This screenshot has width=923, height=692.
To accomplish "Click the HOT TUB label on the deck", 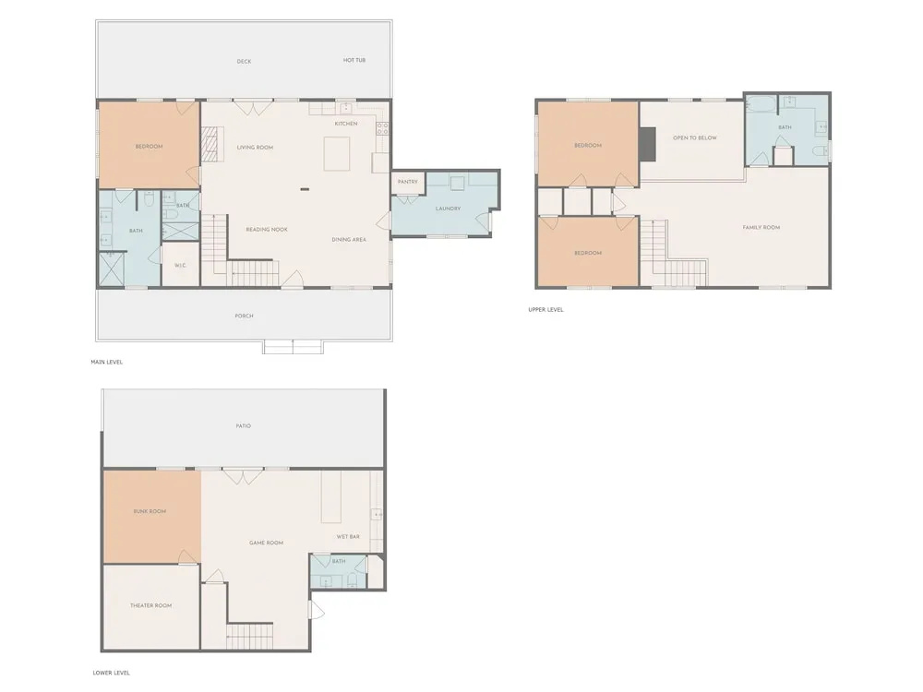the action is (x=354, y=60).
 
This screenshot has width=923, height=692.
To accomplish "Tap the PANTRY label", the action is (x=407, y=182).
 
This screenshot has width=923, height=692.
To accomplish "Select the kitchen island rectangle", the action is (x=337, y=153).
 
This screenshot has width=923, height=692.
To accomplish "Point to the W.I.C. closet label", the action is (x=180, y=266).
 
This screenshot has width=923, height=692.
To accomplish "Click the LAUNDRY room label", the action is (x=448, y=209).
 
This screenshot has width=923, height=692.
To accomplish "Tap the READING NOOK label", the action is (x=267, y=230).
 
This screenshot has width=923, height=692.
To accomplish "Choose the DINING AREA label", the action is (x=349, y=240).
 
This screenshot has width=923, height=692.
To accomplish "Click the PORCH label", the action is (x=244, y=316).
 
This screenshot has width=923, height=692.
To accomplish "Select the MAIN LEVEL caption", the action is (x=106, y=362).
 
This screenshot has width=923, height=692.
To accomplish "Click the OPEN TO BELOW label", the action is (x=695, y=137).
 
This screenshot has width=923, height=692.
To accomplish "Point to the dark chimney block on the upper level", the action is (x=648, y=144).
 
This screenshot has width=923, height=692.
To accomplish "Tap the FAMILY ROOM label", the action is (x=761, y=227).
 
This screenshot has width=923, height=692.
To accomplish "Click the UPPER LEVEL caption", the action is (x=545, y=309).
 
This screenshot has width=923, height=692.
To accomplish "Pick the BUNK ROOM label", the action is (x=150, y=511).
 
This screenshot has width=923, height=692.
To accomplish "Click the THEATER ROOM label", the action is (x=150, y=605).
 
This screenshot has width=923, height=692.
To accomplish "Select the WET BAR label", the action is (x=348, y=537).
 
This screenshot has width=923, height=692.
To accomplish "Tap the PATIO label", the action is (x=243, y=425).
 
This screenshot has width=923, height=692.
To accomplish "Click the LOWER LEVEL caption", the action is (x=112, y=673).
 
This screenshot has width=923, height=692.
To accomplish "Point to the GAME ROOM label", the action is (x=266, y=543).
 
